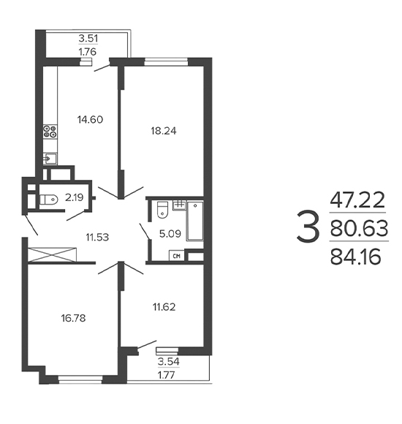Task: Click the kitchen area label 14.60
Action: [90, 119]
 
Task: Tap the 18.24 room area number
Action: [164, 131]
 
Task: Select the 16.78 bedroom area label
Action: [73, 318]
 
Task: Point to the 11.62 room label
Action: [164, 307]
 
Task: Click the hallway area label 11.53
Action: [97, 237]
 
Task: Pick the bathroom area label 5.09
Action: [170, 233]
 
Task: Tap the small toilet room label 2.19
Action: [75, 197]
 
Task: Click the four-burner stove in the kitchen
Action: [50, 132]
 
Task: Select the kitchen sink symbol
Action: [50, 159]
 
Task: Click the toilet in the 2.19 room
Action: [49, 200]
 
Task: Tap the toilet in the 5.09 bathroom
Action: [162, 209]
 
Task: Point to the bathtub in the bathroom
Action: [194, 221]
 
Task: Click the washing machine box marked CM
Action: [177, 256]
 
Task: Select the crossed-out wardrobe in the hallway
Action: [52, 254]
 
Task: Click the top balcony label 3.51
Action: [88, 39]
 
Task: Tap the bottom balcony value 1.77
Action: [167, 375]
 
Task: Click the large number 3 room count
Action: [308, 227]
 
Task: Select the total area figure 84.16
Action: [355, 257]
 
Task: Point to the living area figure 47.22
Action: [357, 200]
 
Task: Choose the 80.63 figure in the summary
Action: [359, 228]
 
